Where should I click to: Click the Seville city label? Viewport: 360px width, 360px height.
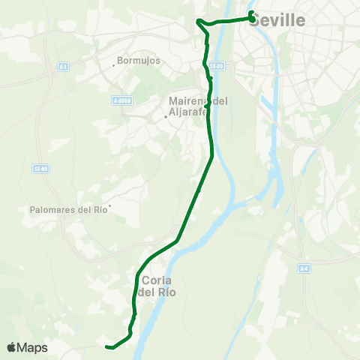tap(277, 21)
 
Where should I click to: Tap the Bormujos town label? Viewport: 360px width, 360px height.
tap(140, 61)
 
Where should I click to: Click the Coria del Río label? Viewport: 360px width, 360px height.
tap(158, 286)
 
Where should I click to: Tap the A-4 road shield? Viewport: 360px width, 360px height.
tap(304, 268)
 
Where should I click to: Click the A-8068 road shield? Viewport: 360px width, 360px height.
tap(121, 100)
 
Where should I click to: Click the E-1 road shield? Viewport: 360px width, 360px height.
tap(63, 67)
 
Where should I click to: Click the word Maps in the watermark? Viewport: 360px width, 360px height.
tap(33, 347)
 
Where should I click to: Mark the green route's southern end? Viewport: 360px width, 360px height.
tap(108, 346)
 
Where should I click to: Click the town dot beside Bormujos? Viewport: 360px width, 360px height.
tap(113, 65)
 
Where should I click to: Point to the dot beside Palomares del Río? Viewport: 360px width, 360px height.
tap(109, 205)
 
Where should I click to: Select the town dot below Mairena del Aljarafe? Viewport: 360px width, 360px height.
tap(166, 117)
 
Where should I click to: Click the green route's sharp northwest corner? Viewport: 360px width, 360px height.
tap(198, 21)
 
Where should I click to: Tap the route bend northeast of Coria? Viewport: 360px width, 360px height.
tap(176, 241)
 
